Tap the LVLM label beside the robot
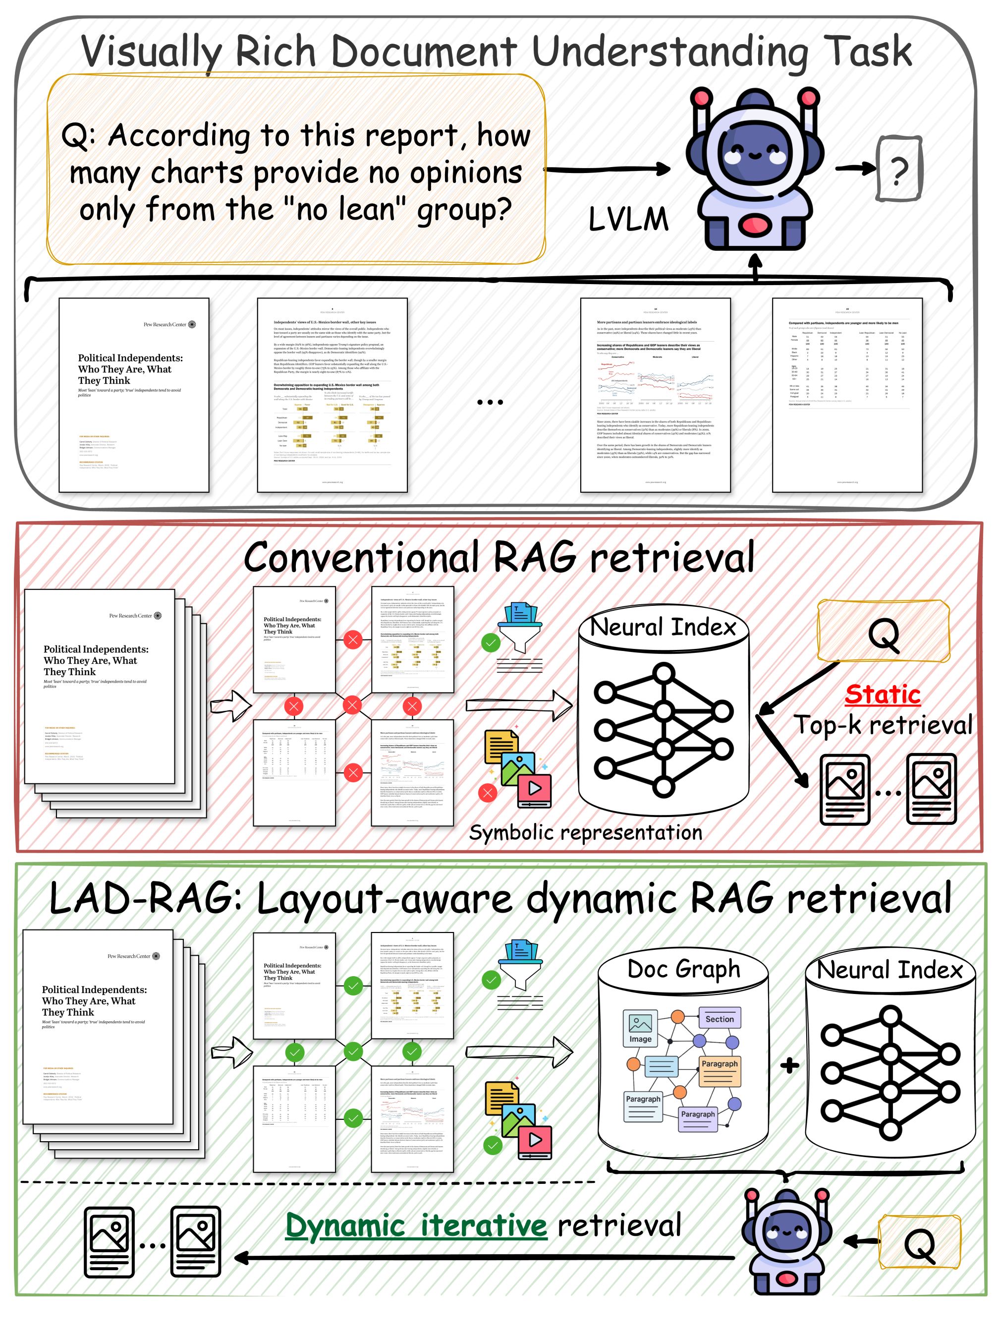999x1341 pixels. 628,219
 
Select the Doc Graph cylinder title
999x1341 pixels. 683,968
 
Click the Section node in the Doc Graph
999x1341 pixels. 719,1019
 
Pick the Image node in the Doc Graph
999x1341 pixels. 640,1029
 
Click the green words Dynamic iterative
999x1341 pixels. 416,1225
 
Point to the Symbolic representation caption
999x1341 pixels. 585,832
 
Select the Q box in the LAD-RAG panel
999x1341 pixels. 919,1242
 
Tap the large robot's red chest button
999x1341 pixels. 754,226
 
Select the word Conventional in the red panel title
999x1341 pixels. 361,557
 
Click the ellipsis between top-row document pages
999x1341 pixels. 490,402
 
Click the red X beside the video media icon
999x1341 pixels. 488,792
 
